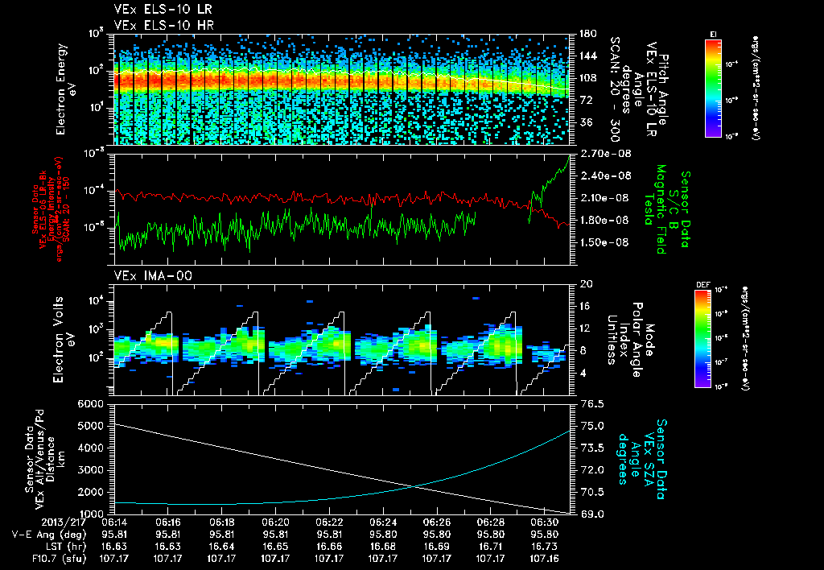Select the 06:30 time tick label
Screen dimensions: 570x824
pos(545,522)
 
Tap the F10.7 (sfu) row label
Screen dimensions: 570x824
pos(33,557)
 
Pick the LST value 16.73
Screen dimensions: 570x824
pos(545,546)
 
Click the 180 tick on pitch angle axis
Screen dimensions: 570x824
pos(585,34)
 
